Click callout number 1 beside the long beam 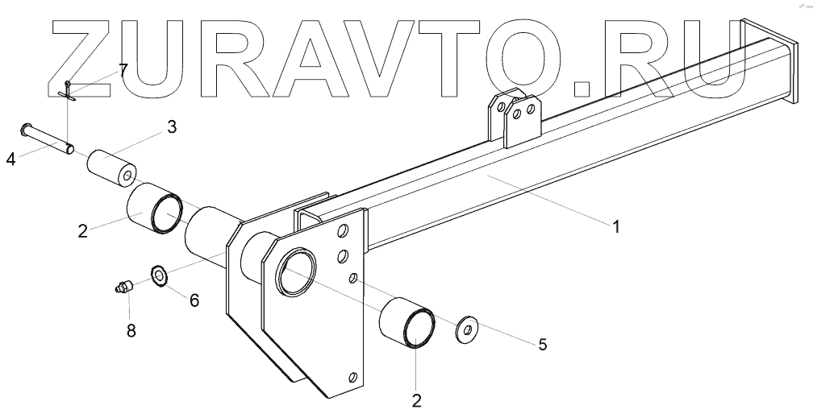pyautogui.click(x=615, y=228)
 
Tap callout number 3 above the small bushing pyautogui.click(x=172, y=126)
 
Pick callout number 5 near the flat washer pyautogui.click(x=542, y=345)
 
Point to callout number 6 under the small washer pyautogui.click(x=194, y=300)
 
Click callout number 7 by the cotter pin pyautogui.click(x=123, y=70)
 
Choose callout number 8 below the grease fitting pyautogui.click(x=131, y=329)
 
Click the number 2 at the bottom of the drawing pyautogui.click(x=416, y=399)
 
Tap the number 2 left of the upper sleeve pyautogui.click(x=82, y=231)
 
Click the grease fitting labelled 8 pyautogui.click(x=123, y=286)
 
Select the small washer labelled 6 pyautogui.click(x=159, y=276)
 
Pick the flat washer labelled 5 pyautogui.click(x=466, y=330)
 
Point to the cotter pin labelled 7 pyautogui.click(x=69, y=91)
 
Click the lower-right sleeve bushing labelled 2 pyautogui.click(x=408, y=323)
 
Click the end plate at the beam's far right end pyautogui.click(x=761, y=60)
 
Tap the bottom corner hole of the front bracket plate pyautogui.click(x=352, y=376)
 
